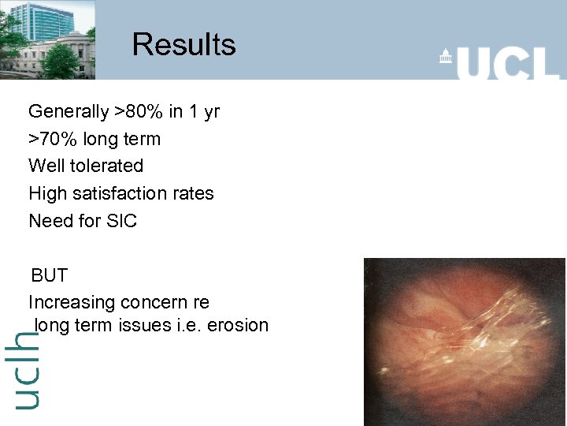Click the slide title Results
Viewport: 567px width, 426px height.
coord(183,44)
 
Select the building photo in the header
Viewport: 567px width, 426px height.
coord(47,39)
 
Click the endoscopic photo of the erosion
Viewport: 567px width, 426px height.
coord(464,342)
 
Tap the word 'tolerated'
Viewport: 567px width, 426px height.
coord(105,166)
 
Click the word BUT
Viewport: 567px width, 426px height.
coord(49,276)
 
